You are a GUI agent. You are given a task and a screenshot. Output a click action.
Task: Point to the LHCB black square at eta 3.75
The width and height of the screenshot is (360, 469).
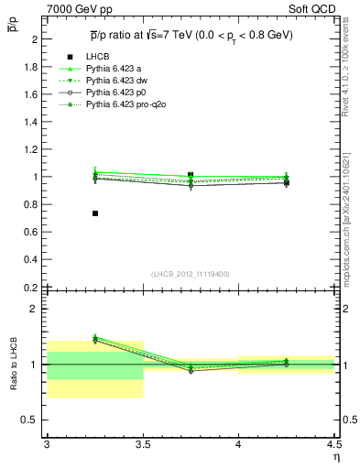coord(191,174)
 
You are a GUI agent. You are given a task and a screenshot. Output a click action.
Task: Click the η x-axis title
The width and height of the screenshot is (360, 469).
coord(336,455)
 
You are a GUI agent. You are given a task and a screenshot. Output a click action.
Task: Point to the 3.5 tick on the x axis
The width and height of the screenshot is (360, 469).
coord(143,444)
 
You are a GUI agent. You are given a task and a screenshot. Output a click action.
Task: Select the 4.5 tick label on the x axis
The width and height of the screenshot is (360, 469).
coord(333,444)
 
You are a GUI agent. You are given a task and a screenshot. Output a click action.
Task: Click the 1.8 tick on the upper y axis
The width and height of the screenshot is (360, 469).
coord(33,67)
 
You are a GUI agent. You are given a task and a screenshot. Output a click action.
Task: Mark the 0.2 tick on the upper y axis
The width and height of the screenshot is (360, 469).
coord(33,287)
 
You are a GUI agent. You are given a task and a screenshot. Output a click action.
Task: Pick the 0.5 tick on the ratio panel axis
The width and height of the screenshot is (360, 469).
coord(33,420)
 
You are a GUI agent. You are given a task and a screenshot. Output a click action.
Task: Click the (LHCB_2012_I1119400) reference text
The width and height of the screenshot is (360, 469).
coord(191,274)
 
